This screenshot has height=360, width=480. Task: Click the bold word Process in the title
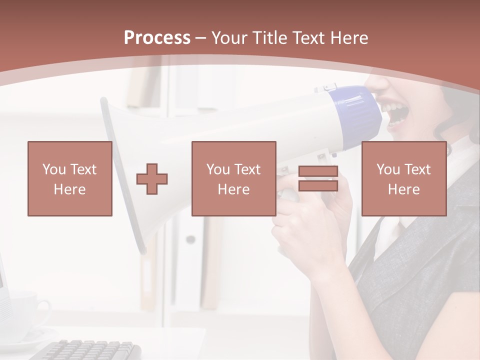click(157, 38)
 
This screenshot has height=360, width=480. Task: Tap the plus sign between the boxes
click(152, 179)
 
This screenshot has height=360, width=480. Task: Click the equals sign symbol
click(318, 179)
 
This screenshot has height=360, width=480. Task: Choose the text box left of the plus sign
click(70, 179)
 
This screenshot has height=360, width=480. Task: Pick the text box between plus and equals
click(233, 179)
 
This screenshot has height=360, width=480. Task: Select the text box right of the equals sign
click(403, 179)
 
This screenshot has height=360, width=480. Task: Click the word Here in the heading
click(349, 38)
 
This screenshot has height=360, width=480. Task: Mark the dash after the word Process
click(201, 38)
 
